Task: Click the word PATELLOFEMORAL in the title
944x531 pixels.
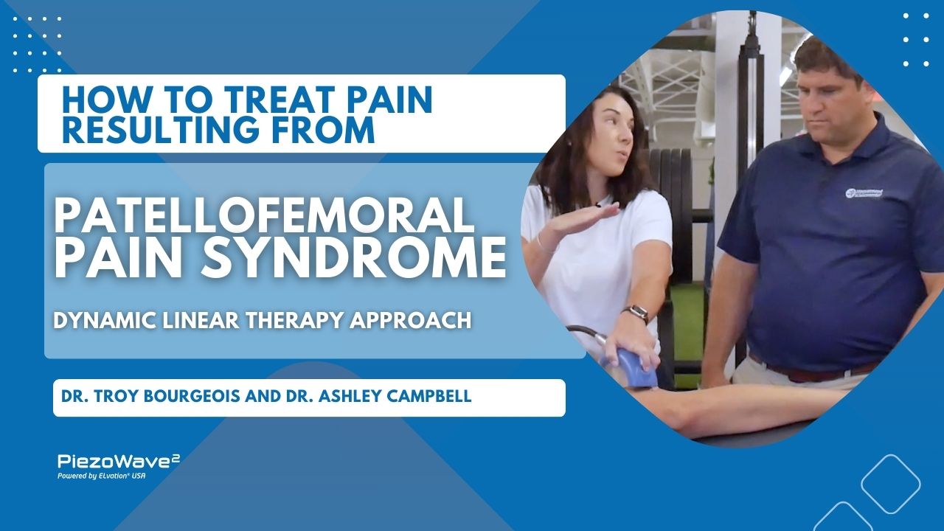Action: point(264,216)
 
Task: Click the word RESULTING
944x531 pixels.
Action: point(161,129)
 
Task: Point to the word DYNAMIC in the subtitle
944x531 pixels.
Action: point(105,321)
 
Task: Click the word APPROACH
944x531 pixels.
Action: point(411,321)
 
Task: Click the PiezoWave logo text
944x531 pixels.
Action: point(119,461)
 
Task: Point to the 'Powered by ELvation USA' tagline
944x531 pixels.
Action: point(102,476)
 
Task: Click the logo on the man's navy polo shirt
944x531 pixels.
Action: point(864,192)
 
